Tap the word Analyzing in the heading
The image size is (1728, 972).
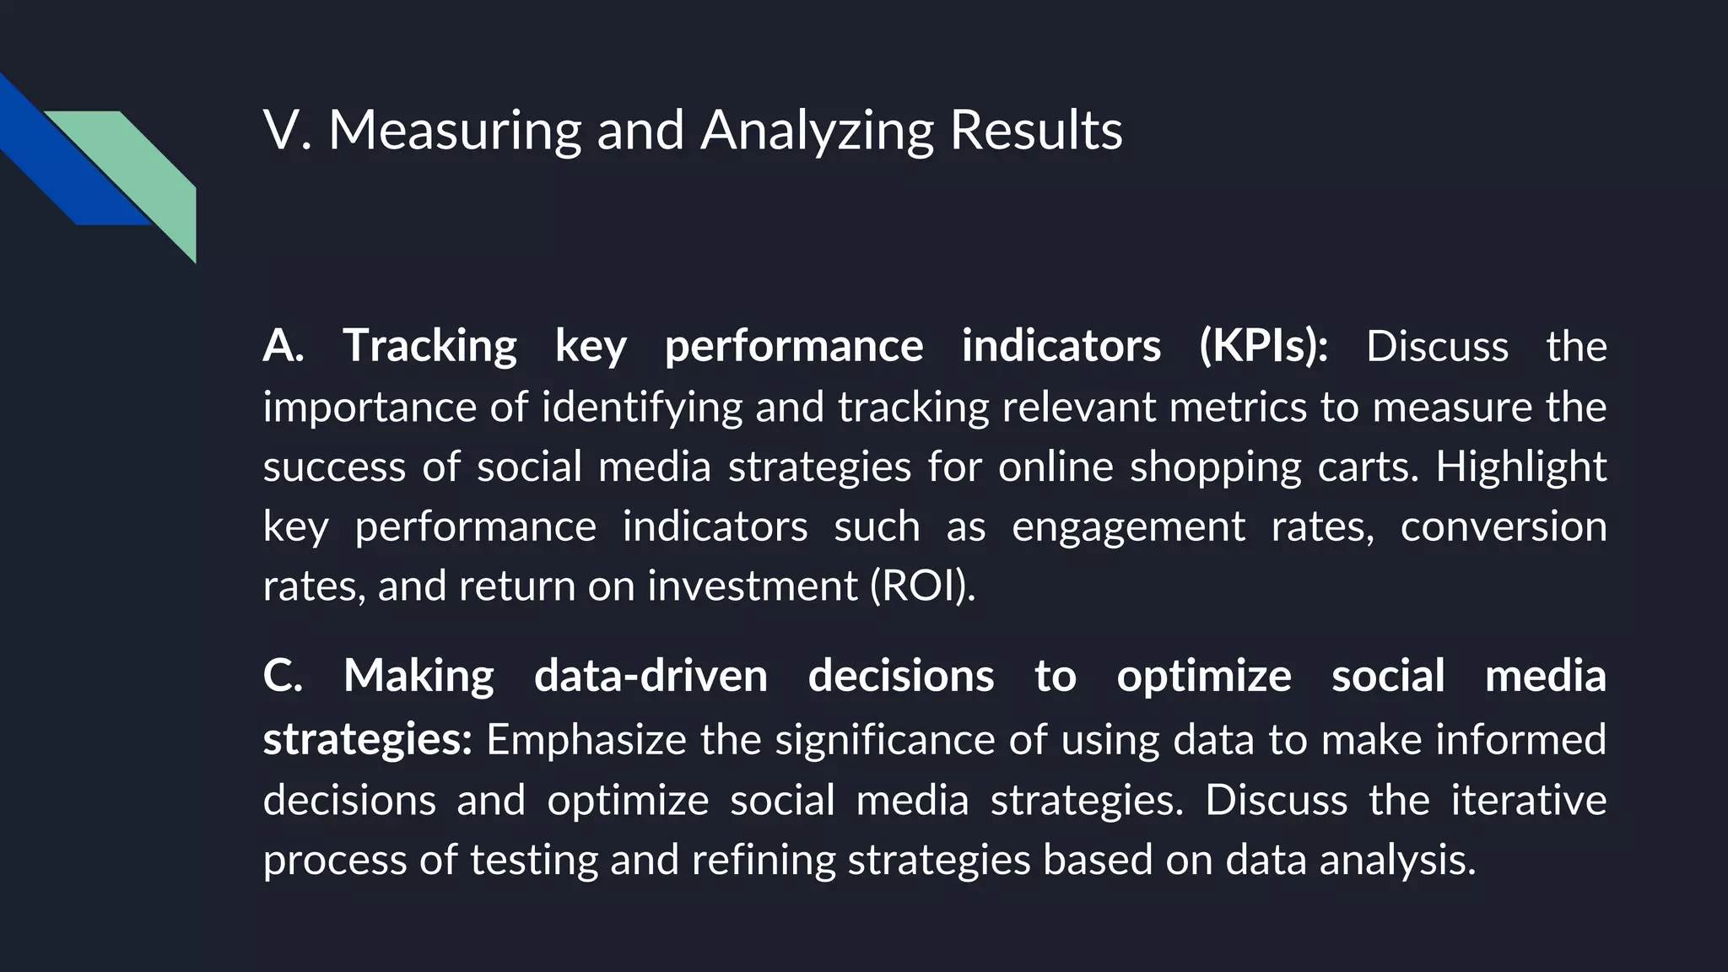pyautogui.click(x=816, y=131)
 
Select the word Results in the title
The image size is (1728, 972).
pyautogui.click(x=1035, y=131)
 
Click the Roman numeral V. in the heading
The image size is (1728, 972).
pyautogui.click(x=287, y=131)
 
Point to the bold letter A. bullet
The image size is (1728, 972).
pyautogui.click(x=283, y=346)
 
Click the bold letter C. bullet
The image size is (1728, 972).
pyautogui.click(x=282, y=676)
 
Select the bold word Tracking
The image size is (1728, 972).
pyautogui.click(x=429, y=346)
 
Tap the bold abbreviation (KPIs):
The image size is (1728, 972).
pyautogui.click(x=1263, y=346)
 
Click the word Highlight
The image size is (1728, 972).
pyautogui.click(x=1520, y=467)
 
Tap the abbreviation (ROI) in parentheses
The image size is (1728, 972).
pyautogui.click(x=921, y=586)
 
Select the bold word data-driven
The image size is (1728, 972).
pyautogui.click(x=651, y=676)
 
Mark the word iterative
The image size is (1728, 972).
pyautogui.click(x=1528, y=800)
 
